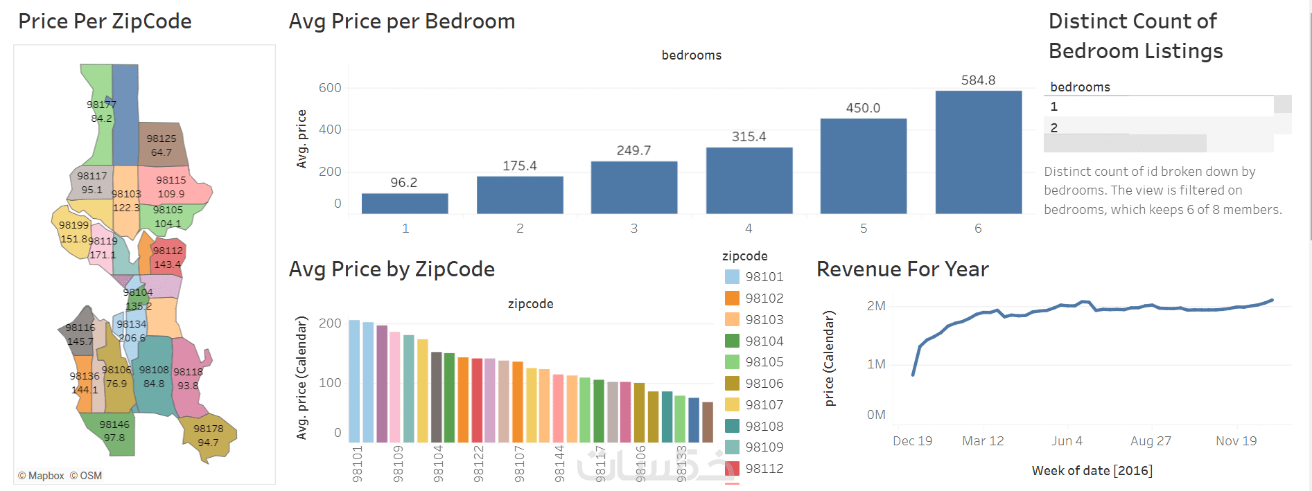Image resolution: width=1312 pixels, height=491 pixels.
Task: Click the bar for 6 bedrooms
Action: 978,152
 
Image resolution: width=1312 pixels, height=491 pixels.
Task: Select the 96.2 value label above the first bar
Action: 403,183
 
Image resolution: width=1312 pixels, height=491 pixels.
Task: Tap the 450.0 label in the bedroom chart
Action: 863,108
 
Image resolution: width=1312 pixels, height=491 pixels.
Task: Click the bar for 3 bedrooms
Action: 633,187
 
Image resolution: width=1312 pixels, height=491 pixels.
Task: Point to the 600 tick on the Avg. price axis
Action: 330,88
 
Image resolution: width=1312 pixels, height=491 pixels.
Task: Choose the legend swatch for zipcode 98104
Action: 732,341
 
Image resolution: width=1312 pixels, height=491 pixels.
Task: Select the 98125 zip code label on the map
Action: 161,139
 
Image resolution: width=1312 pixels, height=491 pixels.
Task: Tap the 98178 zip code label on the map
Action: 208,429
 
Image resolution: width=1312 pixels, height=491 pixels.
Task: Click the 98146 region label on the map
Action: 114,425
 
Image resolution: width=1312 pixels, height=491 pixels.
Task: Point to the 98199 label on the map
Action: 73,225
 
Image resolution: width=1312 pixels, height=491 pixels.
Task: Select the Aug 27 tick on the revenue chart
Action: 1151,441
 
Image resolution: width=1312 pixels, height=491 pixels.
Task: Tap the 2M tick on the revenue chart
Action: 876,306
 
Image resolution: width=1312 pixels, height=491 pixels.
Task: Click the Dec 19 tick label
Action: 912,441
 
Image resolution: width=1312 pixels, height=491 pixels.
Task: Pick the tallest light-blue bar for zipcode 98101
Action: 354,381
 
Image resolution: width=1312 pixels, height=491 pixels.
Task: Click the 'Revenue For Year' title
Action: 902,269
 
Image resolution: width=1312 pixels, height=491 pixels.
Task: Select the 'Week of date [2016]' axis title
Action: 1092,471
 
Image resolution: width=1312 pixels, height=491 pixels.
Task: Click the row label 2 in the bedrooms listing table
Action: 1054,128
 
